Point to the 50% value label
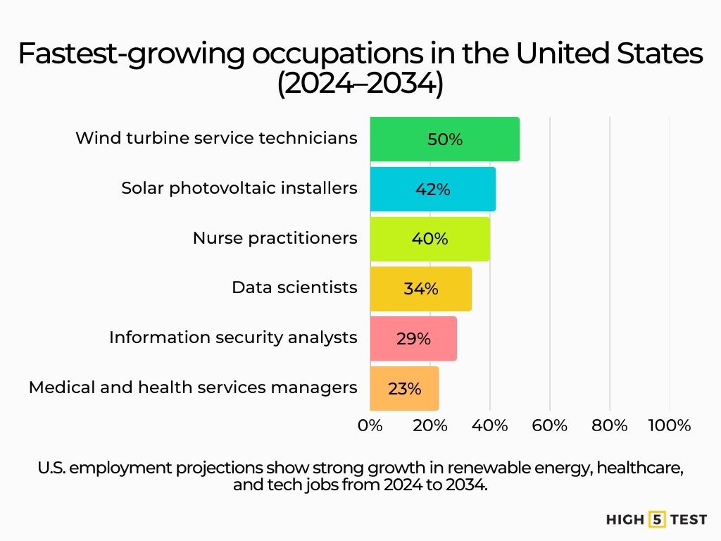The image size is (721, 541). click(x=445, y=139)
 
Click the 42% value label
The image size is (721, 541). click(x=432, y=189)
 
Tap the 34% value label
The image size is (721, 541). click(x=421, y=289)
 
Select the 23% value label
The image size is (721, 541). click(x=404, y=389)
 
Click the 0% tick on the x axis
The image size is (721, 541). click(x=370, y=425)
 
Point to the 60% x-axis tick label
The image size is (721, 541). click(x=550, y=425)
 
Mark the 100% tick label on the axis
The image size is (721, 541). click(x=669, y=425)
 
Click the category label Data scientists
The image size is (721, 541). click(x=294, y=287)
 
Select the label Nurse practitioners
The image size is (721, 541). click(x=275, y=238)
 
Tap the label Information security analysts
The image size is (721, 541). click(x=233, y=337)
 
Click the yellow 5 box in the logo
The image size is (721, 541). click(x=657, y=520)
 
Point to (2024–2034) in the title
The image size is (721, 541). click(x=360, y=85)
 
